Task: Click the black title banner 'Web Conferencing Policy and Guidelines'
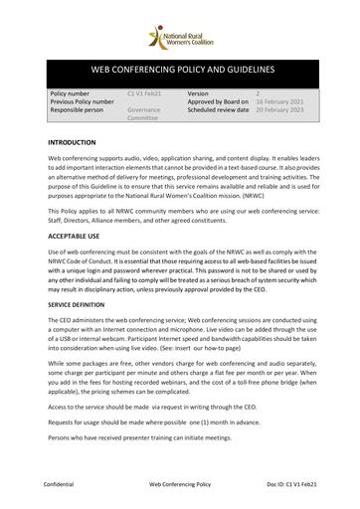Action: point(180,72)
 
